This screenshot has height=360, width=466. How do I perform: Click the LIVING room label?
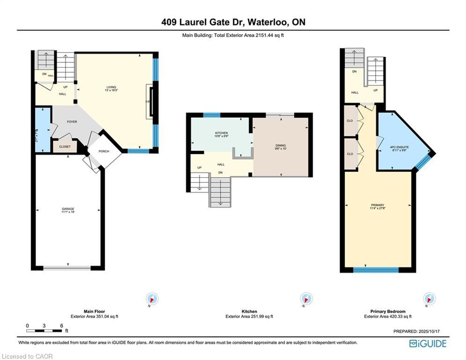pyautogui.click(x=111, y=87)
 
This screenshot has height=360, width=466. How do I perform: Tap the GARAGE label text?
pyautogui.click(x=68, y=209)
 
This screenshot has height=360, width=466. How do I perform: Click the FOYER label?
pyautogui.click(x=72, y=122)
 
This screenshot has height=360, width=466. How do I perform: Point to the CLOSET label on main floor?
pyautogui.click(x=65, y=147)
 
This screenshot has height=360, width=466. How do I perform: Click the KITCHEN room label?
pyautogui.click(x=222, y=133)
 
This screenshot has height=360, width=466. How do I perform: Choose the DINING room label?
pyautogui.click(x=281, y=146)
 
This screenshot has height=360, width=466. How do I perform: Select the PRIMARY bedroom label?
pyautogui.click(x=377, y=205)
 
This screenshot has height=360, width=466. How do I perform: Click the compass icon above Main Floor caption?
pyautogui.click(x=152, y=299)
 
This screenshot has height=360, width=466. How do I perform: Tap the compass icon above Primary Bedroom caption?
pyautogui.click(x=429, y=299)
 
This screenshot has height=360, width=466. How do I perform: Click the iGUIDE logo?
pyautogui.click(x=427, y=344)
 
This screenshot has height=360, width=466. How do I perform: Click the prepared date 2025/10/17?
pyautogui.click(x=418, y=332)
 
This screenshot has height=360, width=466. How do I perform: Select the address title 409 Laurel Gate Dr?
pyautogui.click(x=233, y=22)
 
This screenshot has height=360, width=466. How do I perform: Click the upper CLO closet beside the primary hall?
pyautogui.click(x=350, y=120)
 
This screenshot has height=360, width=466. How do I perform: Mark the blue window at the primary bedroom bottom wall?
pyautogui.click(x=376, y=270)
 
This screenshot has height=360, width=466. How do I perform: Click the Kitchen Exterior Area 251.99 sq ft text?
pyautogui.click(x=249, y=316)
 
